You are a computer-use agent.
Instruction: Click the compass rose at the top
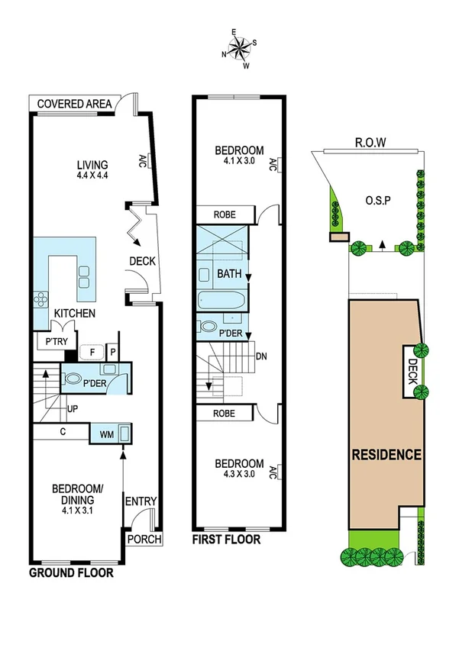pyautogui.click(x=239, y=50)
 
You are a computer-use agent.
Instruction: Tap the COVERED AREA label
pyautogui.click(x=74, y=104)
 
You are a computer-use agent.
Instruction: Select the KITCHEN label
pyautogui.click(x=74, y=314)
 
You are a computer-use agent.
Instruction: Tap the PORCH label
pyautogui.click(x=144, y=539)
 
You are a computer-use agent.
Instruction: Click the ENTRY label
pyautogui.click(x=141, y=501)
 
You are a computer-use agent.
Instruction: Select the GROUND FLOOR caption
pyautogui.click(x=71, y=572)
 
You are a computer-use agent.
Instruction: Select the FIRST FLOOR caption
pyautogui.click(x=226, y=540)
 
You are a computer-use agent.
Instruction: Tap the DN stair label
pyautogui.click(x=261, y=356)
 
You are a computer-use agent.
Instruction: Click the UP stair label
pyautogui.click(x=73, y=409)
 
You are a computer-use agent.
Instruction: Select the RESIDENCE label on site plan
pyautogui.click(x=386, y=455)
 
